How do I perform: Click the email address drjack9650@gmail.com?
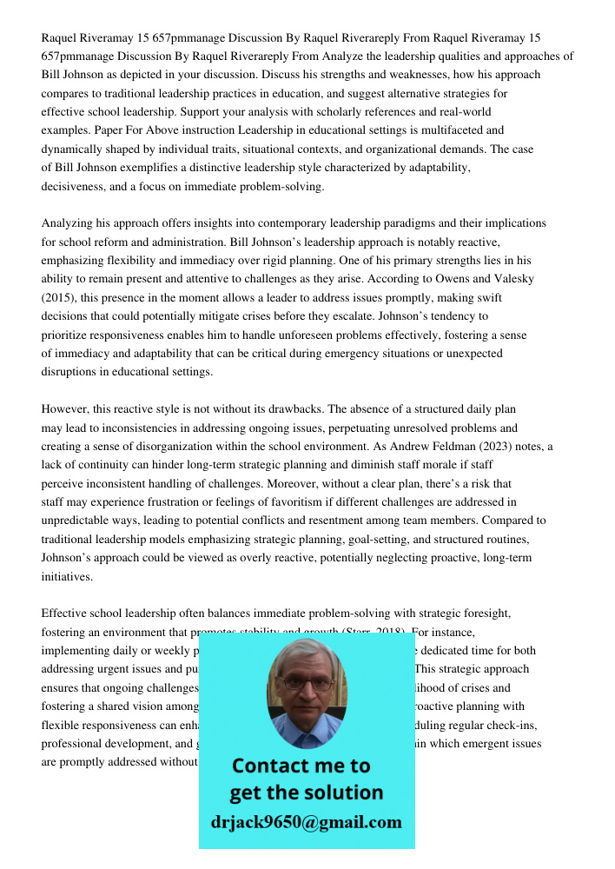click(x=306, y=821)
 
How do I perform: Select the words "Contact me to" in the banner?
click(x=301, y=766)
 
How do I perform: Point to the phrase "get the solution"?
click(x=306, y=793)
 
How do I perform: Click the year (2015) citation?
click(x=60, y=298)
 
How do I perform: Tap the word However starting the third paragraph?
click(x=66, y=408)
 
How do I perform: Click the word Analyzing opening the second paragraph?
click(x=69, y=223)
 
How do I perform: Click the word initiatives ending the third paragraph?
click(x=66, y=576)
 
